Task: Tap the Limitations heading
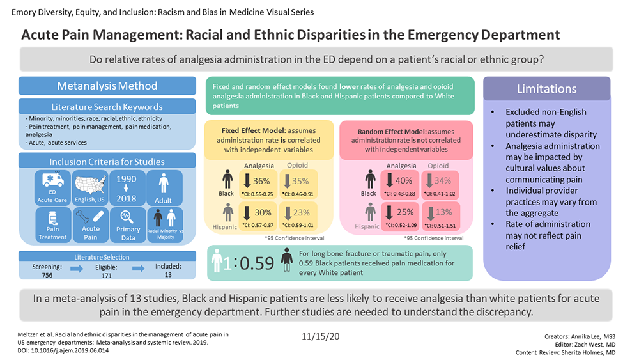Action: point(546,89)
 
